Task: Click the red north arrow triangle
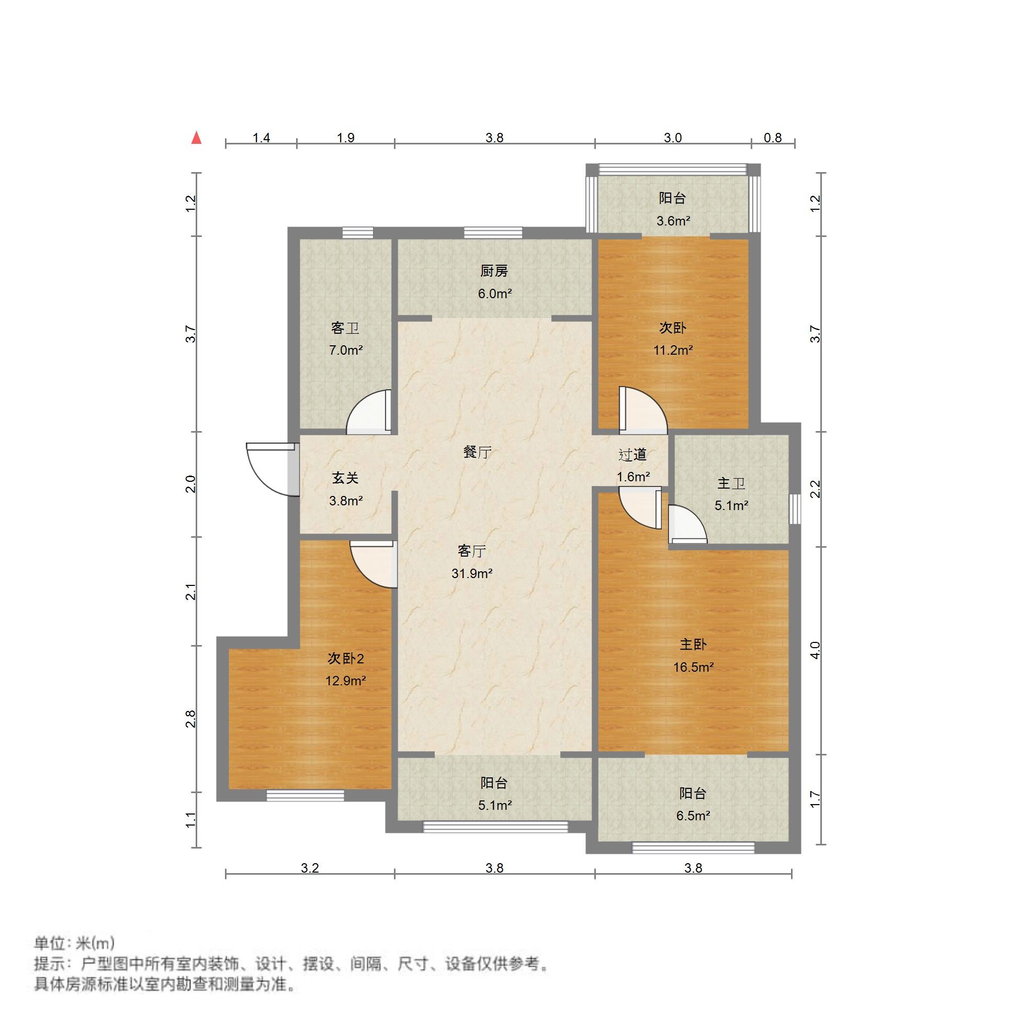pos(196,138)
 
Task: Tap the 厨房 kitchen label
pos(494,271)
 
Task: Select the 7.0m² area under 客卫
pos(345,350)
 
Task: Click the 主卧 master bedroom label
pos(693,645)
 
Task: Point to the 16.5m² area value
pos(693,668)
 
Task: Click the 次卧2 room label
pos(345,659)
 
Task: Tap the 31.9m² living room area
pos(472,573)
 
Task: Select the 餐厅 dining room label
pos(477,451)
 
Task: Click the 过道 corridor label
pos(632,454)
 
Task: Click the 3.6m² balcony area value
pos(673,221)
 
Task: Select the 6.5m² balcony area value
pos(693,816)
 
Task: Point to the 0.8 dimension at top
pos(772,138)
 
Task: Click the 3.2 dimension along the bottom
pos(310,868)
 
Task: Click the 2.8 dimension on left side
pos(191,719)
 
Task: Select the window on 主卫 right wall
pos(795,509)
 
